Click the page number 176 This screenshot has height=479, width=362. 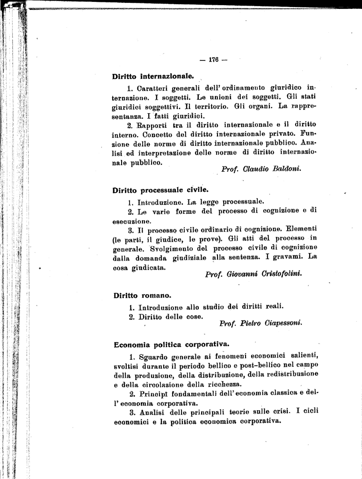click(213, 60)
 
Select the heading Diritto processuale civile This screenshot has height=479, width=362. click(160, 190)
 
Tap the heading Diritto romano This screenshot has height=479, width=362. click(143, 296)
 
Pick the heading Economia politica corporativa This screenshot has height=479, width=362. click(172, 345)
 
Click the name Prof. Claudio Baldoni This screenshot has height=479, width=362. click(261, 169)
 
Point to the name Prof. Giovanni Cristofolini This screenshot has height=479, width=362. click(253, 274)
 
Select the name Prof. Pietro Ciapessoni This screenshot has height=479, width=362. click(261, 323)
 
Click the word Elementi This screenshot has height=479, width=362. click(302, 230)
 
